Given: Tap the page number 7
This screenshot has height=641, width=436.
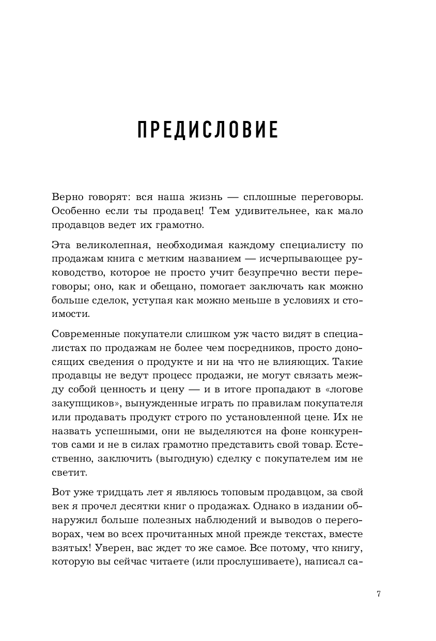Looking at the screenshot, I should click(379, 594).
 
